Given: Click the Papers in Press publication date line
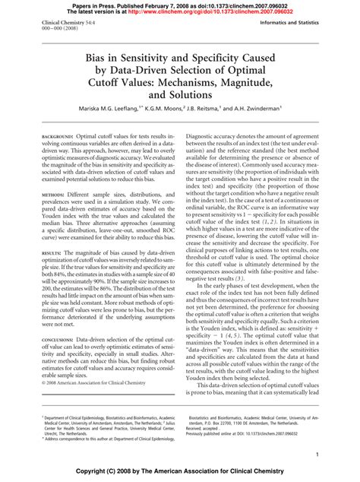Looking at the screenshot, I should (x=179, y=4).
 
